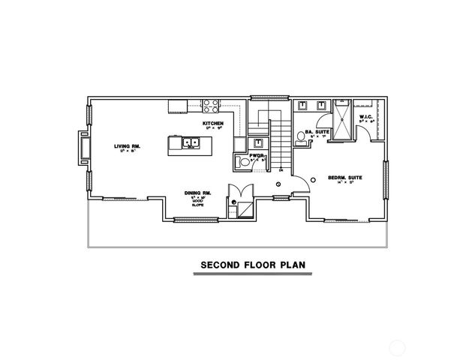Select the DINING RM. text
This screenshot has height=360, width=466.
(x=198, y=193)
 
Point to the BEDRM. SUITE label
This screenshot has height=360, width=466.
(x=345, y=177)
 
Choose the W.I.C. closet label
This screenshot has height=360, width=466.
(x=367, y=117)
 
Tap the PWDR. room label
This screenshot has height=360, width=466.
(x=257, y=155)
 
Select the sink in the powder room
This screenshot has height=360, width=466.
(x=257, y=142)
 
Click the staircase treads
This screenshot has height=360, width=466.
(x=278, y=142)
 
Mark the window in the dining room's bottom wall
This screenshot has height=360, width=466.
(x=186, y=220)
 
